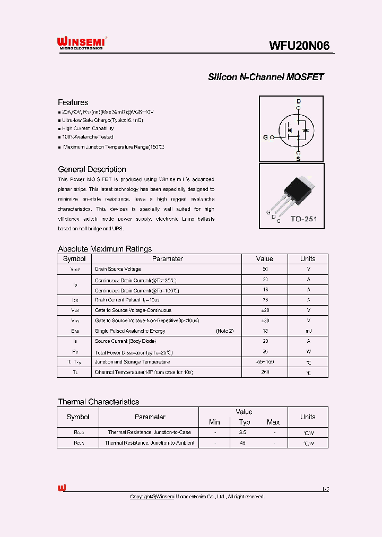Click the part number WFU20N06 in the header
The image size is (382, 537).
tap(299, 46)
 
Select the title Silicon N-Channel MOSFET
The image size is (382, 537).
tap(265, 77)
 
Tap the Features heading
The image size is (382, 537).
tap(73, 102)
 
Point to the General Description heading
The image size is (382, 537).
tap(92, 169)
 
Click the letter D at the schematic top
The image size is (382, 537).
tap(298, 101)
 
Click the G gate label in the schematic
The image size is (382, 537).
tap(265, 137)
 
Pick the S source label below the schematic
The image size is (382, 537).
tap(298, 158)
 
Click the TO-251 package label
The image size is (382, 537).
tap(304, 219)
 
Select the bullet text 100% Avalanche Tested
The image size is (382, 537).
tap(88, 137)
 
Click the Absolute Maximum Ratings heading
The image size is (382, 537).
tap(105, 249)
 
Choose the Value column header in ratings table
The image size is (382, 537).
tap(264, 259)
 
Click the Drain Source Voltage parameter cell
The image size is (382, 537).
tap(118, 269)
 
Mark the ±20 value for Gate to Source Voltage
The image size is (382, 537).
tap(264, 310)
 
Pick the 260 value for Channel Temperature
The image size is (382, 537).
tap(264, 372)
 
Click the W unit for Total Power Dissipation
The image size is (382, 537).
tap(308, 352)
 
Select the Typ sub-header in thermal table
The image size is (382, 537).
tap(244, 422)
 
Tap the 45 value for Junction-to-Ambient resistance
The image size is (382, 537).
tap(242, 443)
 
